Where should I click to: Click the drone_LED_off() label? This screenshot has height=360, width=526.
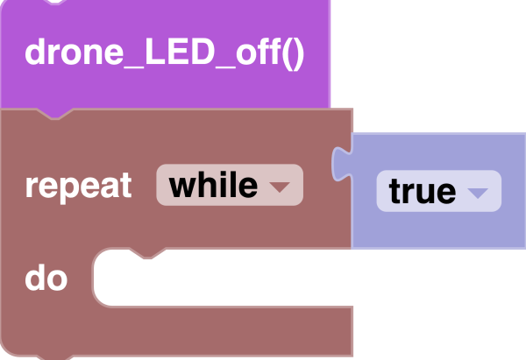164,53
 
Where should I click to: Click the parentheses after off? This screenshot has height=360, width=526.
293,53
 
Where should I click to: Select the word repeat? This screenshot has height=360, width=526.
79,186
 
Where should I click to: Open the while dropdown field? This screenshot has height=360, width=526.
229,186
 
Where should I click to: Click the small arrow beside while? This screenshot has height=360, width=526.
279,187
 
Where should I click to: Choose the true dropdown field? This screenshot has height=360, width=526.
438,191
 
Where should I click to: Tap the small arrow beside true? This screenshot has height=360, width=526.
478,193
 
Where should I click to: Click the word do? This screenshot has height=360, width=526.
46,279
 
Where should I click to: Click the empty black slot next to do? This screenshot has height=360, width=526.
263,279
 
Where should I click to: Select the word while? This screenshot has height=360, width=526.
213,186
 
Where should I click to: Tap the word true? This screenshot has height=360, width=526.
422,192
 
